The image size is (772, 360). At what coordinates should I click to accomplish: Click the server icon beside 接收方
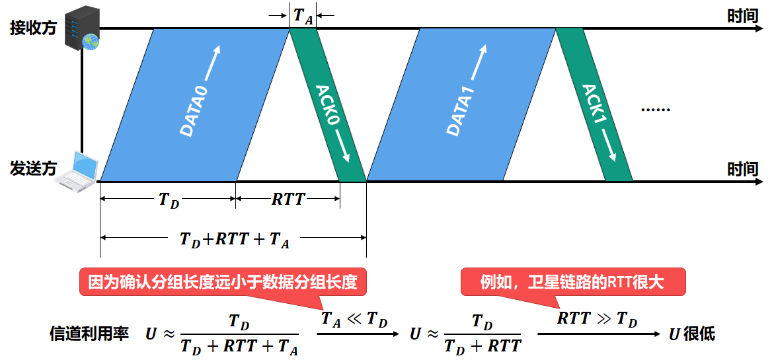[82, 28]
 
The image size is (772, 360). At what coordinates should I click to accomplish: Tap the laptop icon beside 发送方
[77, 171]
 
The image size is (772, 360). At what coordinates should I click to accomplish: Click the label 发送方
[33, 169]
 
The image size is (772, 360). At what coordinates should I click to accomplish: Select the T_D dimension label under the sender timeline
[169, 199]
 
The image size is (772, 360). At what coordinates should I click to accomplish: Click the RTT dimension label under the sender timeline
[288, 199]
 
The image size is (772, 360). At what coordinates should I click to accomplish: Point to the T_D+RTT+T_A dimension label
[235, 239]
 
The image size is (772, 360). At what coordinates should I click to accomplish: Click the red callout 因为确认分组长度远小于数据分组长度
[222, 283]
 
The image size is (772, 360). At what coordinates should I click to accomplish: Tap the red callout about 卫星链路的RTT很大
[572, 283]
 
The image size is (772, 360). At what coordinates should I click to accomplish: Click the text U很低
[691, 334]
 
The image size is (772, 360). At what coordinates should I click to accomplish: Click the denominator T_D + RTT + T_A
[239, 345]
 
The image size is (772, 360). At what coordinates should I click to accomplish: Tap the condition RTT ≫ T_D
[597, 320]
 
